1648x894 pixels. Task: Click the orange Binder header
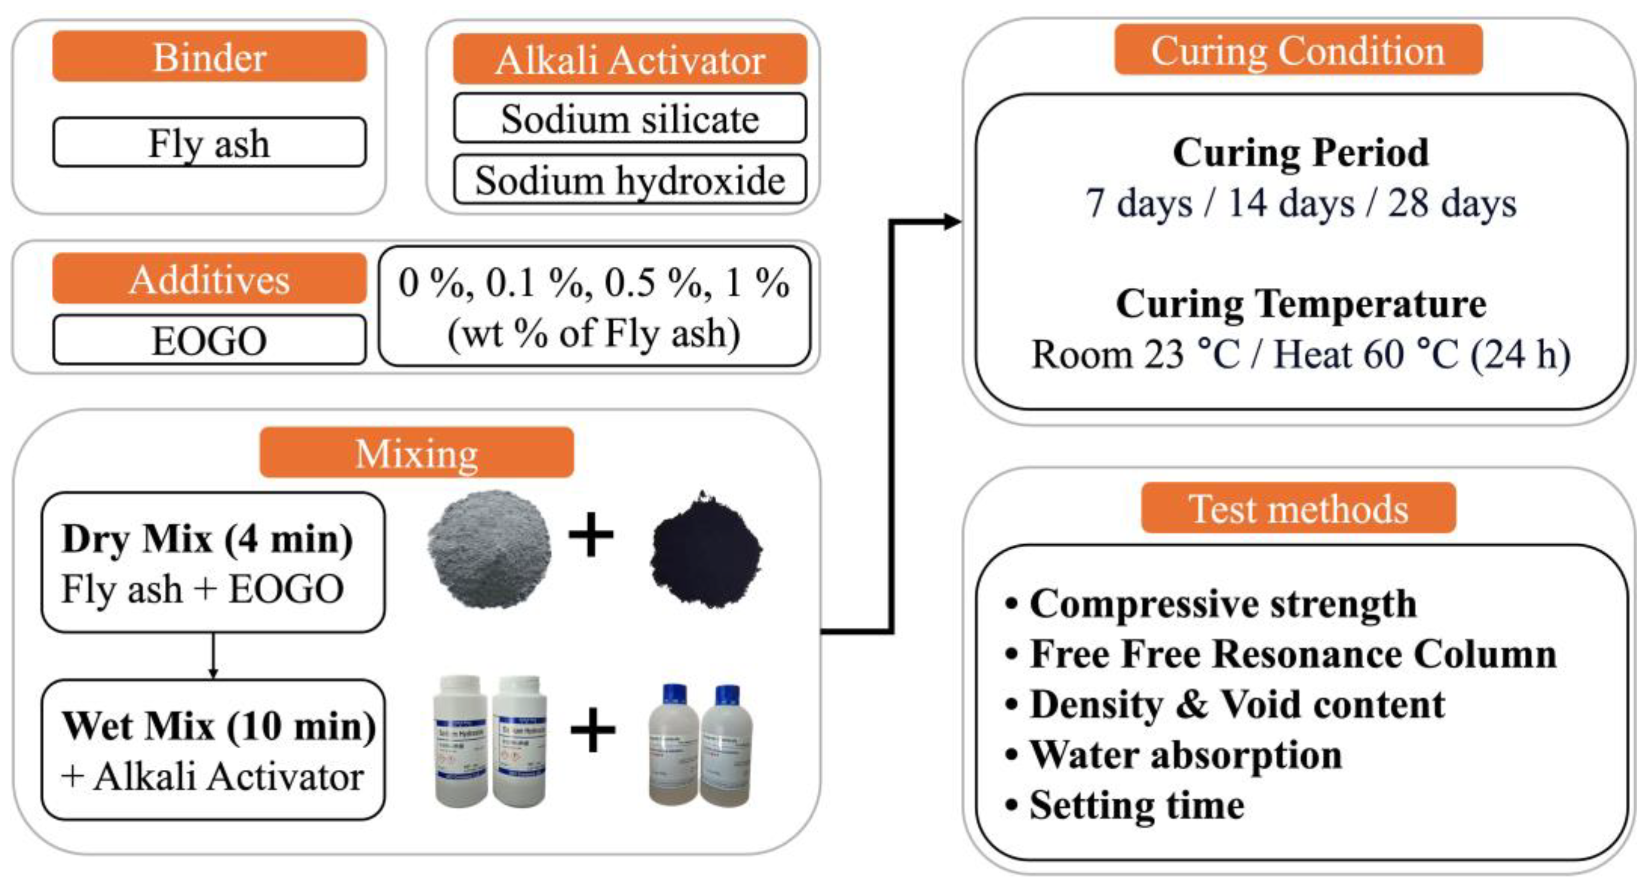tap(209, 57)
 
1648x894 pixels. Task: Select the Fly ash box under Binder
tap(209, 142)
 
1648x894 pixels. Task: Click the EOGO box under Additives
tap(209, 340)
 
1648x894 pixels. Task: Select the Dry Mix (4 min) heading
tap(206, 539)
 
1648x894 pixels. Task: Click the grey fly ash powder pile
tap(489, 549)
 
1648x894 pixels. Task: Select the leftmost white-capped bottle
tap(460, 741)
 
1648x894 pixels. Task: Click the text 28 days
tap(1452, 204)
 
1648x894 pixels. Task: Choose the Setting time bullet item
tap(1136, 805)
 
